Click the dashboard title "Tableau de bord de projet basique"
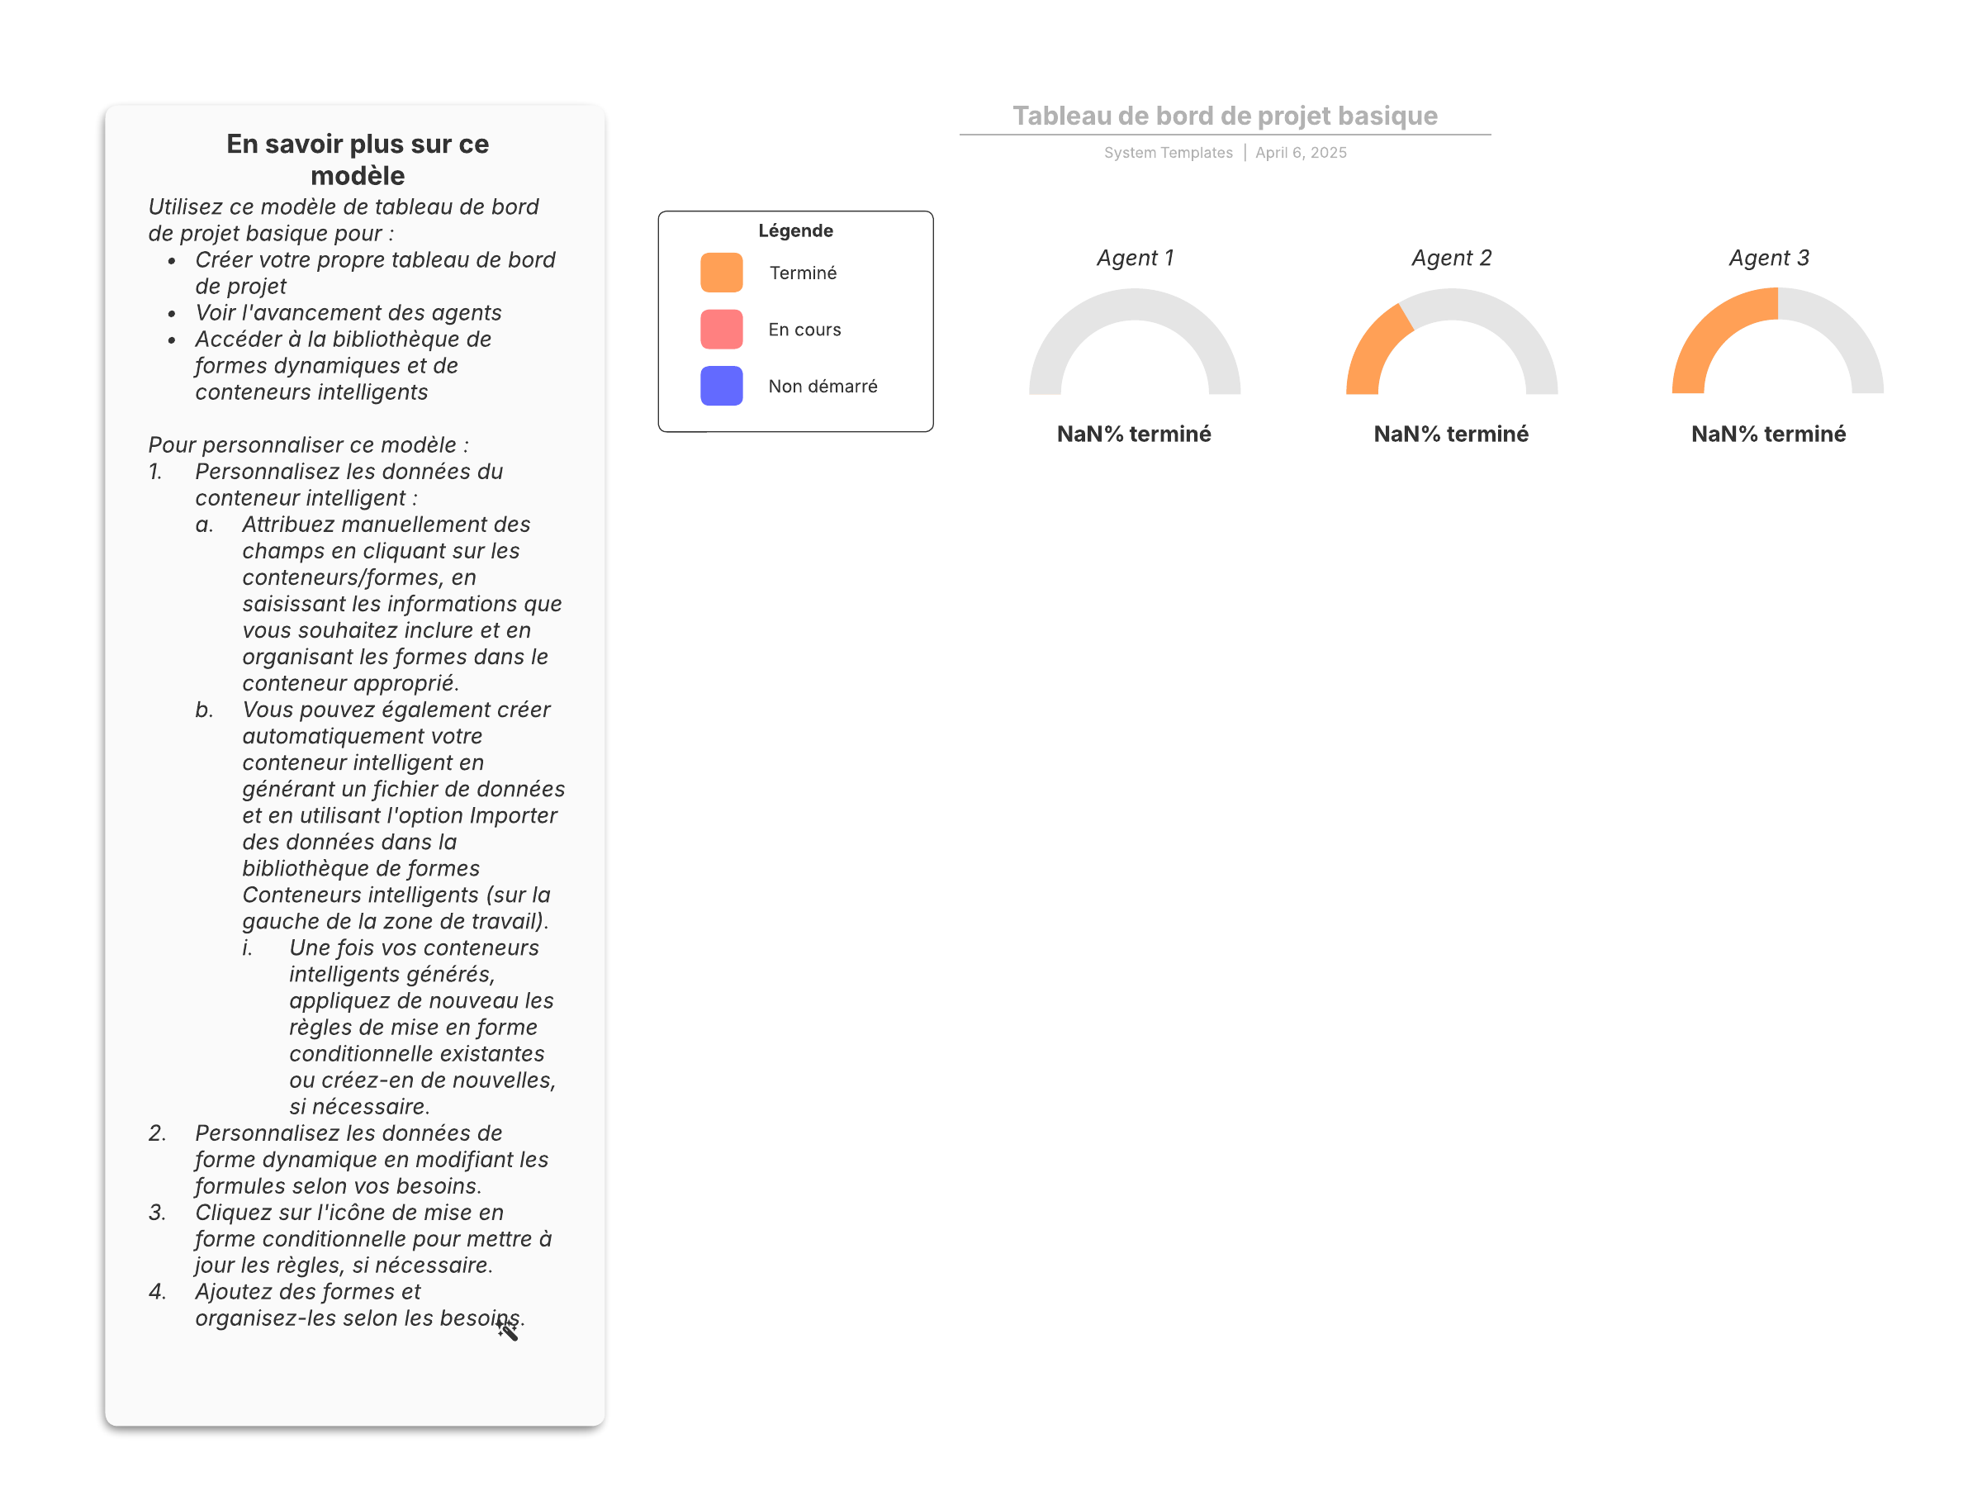click(1225, 116)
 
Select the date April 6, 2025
click(1301, 153)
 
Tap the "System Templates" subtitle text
click(1168, 153)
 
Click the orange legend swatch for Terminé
click(721, 273)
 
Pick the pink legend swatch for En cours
click(721, 329)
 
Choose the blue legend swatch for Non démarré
click(721, 385)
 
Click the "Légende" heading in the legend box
click(795, 230)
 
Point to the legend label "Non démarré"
click(823, 387)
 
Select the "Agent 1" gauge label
click(1135, 258)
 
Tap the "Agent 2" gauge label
click(1452, 258)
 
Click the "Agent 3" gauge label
click(1769, 258)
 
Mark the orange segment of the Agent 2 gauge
click(1373, 351)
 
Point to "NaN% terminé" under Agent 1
click(1134, 434)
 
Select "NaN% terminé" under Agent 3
click(1768, 434)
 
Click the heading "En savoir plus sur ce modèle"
click(358, 159)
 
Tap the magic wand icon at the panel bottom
click(507, 1330)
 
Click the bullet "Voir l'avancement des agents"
click(348, 313)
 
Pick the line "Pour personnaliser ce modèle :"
click(308, 445)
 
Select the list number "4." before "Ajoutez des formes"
click(158, 1291)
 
